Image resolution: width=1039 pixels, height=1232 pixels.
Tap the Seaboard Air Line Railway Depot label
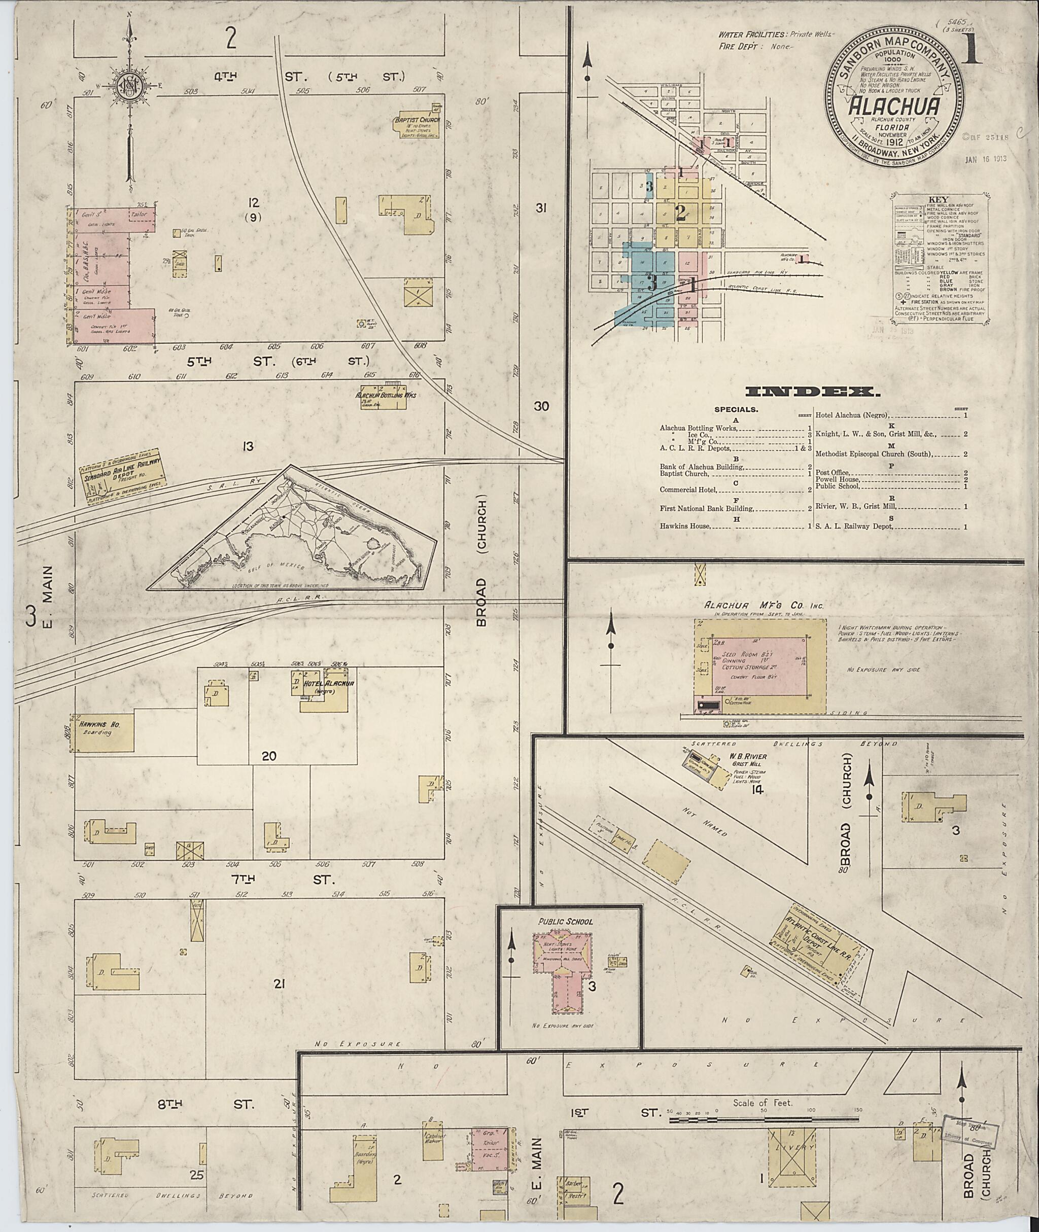tap(124, 476)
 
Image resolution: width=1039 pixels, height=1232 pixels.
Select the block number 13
tap(248, 446)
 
